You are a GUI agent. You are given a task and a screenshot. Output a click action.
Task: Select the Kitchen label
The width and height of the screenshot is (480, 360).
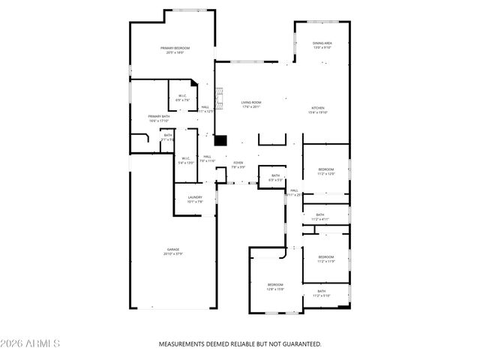click(x=319, y=110)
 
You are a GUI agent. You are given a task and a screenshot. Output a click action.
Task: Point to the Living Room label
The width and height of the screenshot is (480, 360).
click(x=251, y=104)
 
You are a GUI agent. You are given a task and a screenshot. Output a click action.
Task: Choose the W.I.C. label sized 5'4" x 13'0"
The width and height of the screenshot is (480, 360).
click(x=185, y=160)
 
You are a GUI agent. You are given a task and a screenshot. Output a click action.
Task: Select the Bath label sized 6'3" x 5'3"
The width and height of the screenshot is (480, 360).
click(x=275, y=178)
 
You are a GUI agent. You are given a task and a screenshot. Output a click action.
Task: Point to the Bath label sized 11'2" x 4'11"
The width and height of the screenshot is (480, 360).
click(x=320, y=217)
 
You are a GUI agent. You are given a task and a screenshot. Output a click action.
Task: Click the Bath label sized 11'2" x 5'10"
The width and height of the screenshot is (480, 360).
click(x=321, y=293)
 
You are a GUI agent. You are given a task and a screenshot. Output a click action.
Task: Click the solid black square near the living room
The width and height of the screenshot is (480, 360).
click(x=220, y=139)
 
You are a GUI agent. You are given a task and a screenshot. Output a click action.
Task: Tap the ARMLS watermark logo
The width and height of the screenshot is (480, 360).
click(x=31, y=343)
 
